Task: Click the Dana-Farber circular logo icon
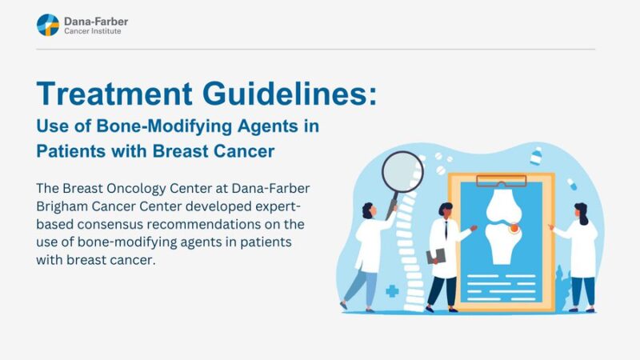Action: coord(48,25)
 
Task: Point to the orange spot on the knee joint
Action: coord(513,229)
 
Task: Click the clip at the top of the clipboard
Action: coord(501,178)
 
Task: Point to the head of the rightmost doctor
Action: coord(580,214)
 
